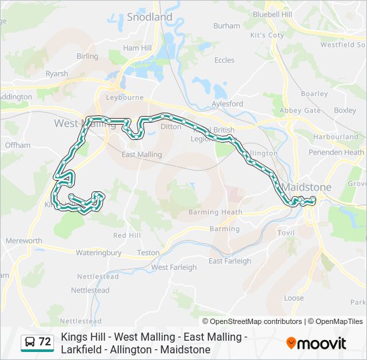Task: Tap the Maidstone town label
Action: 306,187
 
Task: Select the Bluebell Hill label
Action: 273,13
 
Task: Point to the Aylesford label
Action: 227,104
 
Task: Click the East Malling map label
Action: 141,155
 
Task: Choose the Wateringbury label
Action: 99,253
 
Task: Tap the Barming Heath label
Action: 216,213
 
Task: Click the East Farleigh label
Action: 230,261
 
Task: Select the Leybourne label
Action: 125,97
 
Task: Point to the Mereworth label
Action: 24,241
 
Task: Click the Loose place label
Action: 294,298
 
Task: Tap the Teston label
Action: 148,253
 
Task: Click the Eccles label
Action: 224,60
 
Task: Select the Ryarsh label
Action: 57,74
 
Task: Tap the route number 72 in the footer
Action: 45,342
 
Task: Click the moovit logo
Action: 316,343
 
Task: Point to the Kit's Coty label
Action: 267,35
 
